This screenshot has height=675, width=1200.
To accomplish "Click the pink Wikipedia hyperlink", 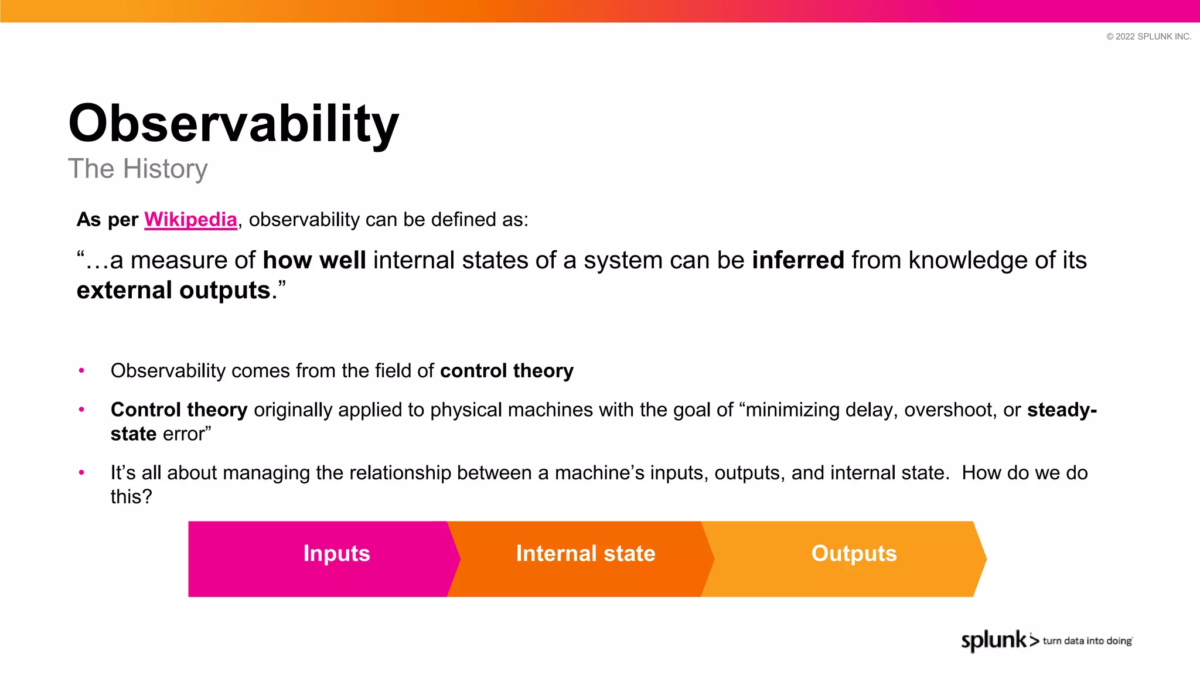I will click(x=190, y=220).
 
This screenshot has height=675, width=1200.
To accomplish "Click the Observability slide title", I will click(x=233, y=124).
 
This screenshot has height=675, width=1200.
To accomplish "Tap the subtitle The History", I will click(x=138, y=169).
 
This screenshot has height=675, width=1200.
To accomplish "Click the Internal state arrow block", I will click(x=585, y=558).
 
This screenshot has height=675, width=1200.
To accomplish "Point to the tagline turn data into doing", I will click(x=1087, y=641).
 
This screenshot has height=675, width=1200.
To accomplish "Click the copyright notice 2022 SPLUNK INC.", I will click(x=1148, y=36).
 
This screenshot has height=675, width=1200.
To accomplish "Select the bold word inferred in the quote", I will click(x=798, y=260).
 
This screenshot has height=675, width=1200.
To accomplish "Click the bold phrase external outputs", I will click(x=173, y=291).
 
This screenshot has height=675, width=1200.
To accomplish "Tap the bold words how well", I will click(x=314, y=260).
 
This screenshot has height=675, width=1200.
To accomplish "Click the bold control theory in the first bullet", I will click(x=507, y=371).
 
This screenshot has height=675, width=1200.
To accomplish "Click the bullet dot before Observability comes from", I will click(x=81, y=370).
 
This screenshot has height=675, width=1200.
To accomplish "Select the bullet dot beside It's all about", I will click(x=81, y=472).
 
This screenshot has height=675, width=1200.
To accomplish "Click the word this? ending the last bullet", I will click(x=131, y=497).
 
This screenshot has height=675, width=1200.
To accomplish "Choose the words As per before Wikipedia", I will click(x=107, y=220).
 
